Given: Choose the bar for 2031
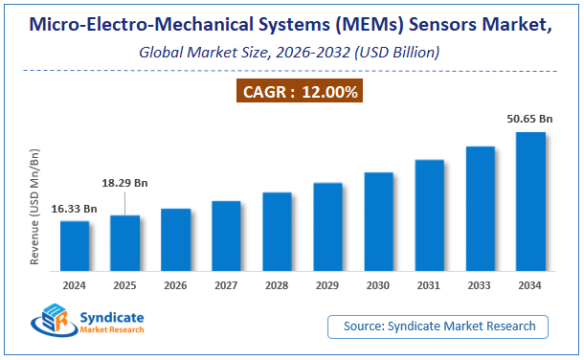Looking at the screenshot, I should coord(429,217).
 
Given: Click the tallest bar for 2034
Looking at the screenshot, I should coord(530,203).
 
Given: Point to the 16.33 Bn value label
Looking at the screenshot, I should coord(76,208).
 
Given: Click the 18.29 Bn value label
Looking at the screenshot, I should coord(124,182).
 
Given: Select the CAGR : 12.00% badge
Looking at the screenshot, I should coord(299,93).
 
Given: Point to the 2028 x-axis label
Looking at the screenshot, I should coord(277,285).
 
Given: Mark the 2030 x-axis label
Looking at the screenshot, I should coord(378,285).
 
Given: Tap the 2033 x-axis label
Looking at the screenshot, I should coord(480,285).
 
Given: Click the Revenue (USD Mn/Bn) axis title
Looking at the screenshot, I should coord(36,205).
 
